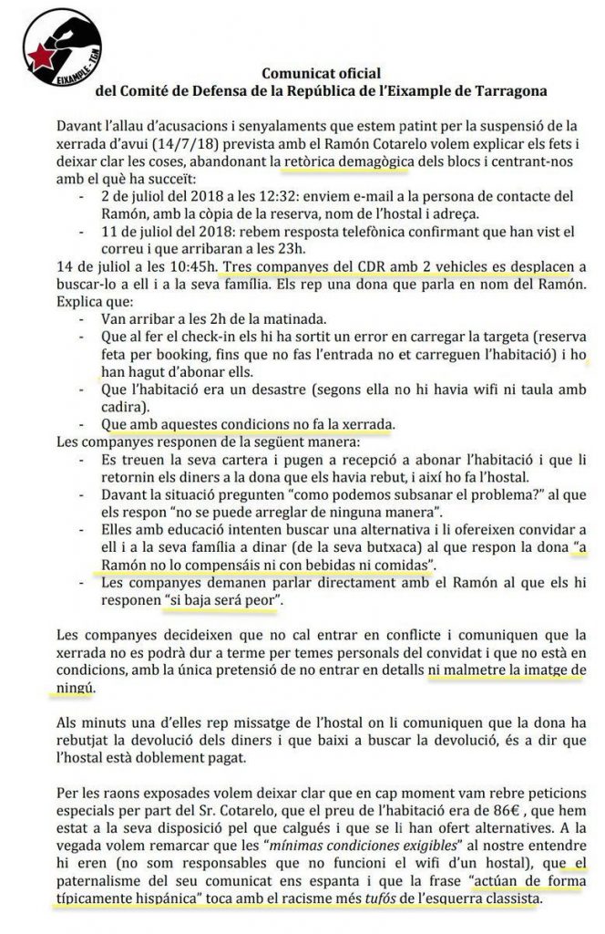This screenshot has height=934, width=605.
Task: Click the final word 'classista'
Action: pos(512,898)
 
